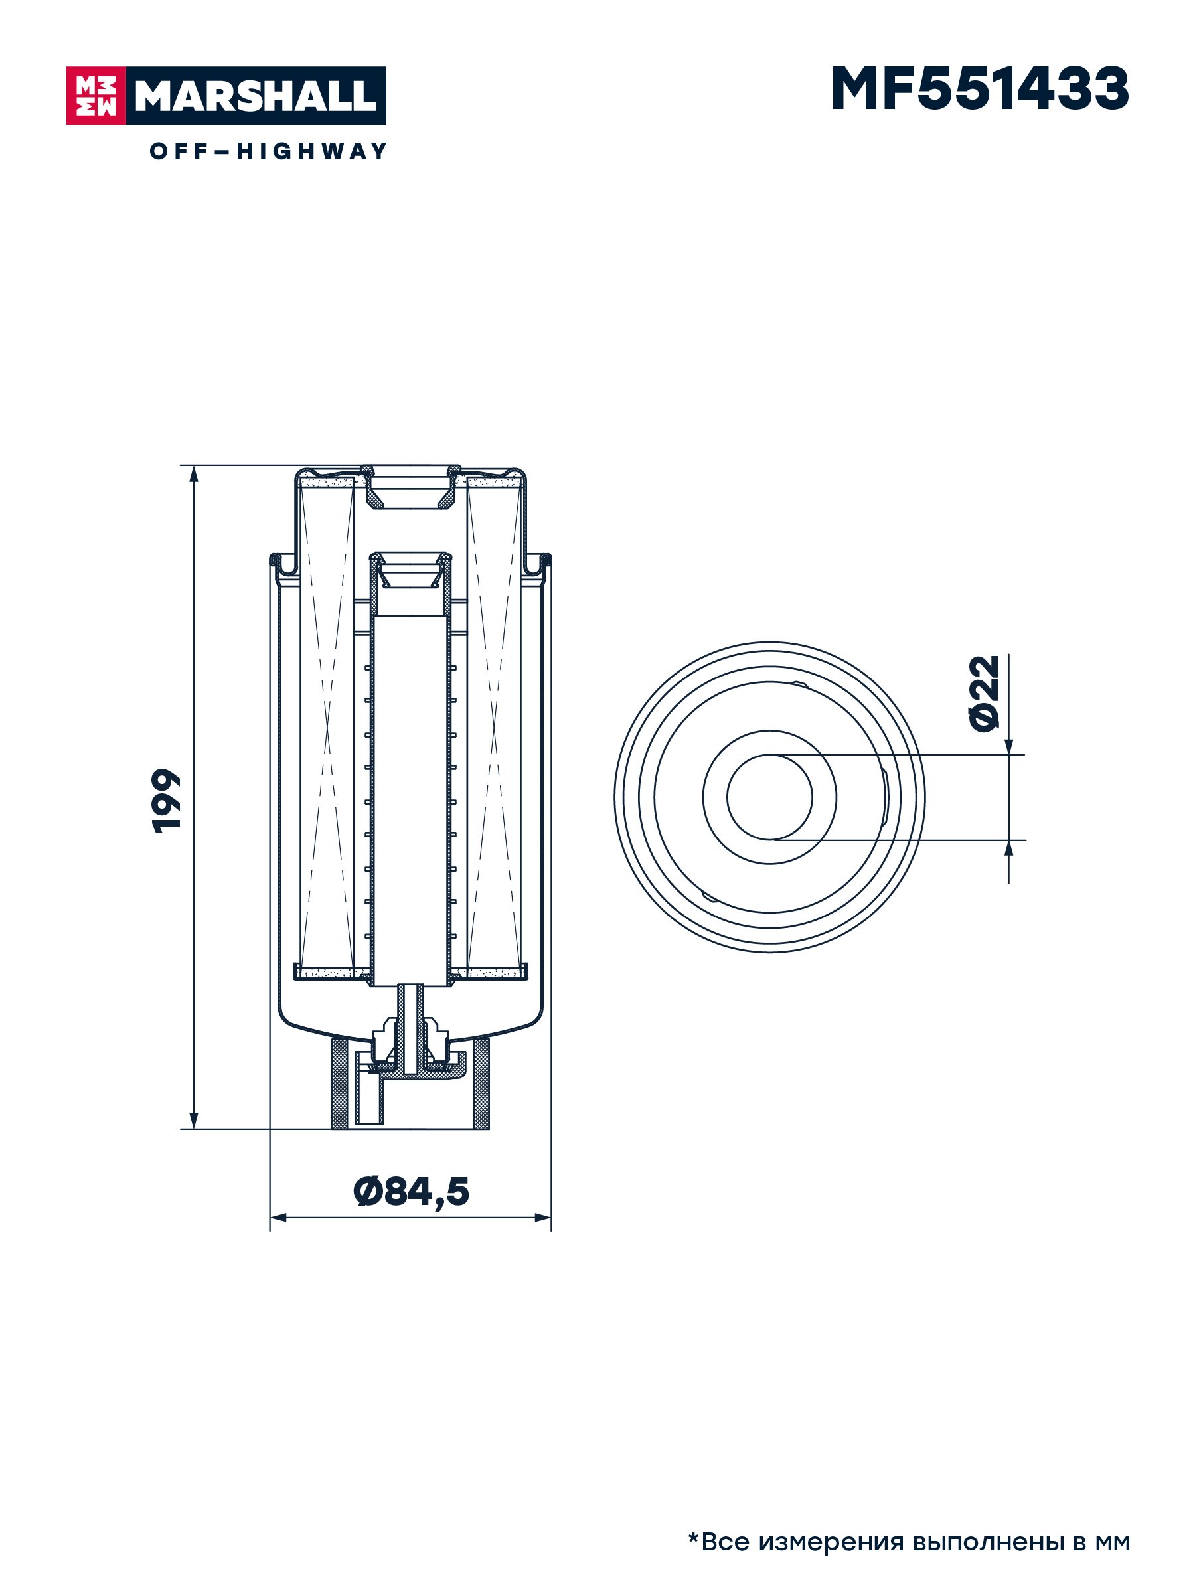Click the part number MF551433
click(x=979, y=90)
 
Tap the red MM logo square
click(x=96, y=96)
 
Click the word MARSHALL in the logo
click(x=256, y=96)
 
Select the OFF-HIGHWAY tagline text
click(x=268, y=151)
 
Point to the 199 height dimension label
click(x=166, y=801)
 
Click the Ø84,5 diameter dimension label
click(x=411, y=1191)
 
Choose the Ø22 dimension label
click(x=985, y=693)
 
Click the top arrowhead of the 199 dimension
click(x=193, y=474)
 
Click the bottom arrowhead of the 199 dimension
click(x=193, y=1120)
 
